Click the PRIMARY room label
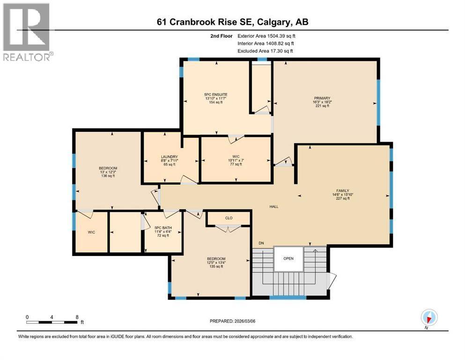[x=322, y=98]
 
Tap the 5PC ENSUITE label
[x=215, y=95]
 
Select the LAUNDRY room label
[x=170, y=157]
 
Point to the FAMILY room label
[x=342, y=191]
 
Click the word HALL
[x=274, y=207]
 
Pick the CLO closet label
[x=229, y=218]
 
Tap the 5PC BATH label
[x=163, y=228]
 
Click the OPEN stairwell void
[x=288, y=258]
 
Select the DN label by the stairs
[x=261, y=243]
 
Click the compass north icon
[x=429, y=318]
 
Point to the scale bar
[x=52, y=322]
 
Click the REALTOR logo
[x=27, y=32]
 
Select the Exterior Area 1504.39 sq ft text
[x=266, y=36]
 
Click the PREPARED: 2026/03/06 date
[x=232, y=321]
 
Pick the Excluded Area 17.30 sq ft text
[x=265, y=51]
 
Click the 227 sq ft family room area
[x=342, y=199]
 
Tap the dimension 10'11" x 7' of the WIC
[x=236, y=160]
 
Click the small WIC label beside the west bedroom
[x=91, y=232]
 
